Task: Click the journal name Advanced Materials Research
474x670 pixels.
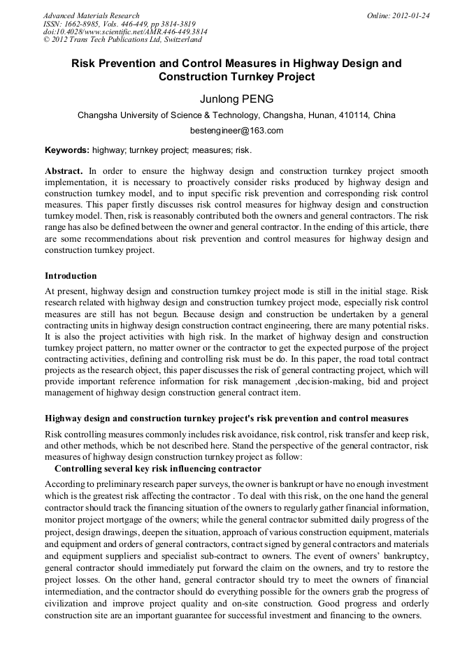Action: coord(92,15)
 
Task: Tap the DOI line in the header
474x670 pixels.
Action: coord(125,32)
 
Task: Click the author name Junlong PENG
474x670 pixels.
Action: coord(236,99)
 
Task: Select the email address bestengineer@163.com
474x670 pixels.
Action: coord(236,131)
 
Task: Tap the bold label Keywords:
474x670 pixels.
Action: coord(67,150)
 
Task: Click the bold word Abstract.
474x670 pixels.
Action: coord(64,171)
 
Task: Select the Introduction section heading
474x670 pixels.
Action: coord(71,276)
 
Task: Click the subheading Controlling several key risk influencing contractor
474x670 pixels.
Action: coord(158,468)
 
